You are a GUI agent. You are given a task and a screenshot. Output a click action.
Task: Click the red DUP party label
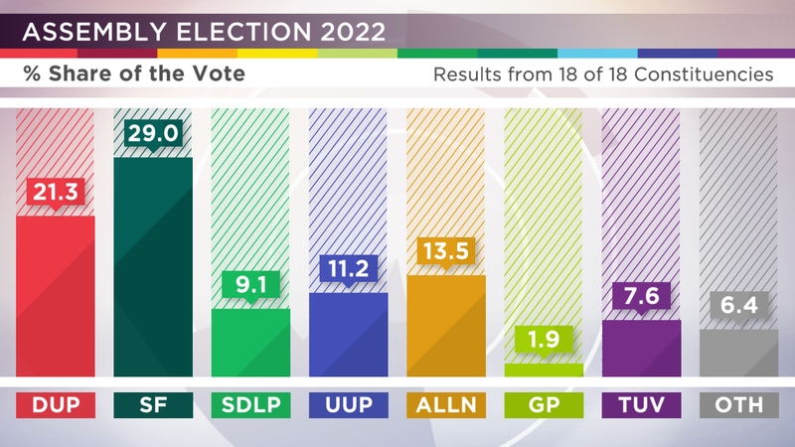(56, 405)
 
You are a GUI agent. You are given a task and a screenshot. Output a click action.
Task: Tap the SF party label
(153, 405)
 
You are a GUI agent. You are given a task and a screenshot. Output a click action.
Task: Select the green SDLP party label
(250, 405)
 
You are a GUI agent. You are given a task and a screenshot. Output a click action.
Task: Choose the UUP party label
(348, 405)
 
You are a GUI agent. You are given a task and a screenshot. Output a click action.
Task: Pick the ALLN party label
(445, 405)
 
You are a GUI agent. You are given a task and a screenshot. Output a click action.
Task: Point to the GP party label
(543, 405)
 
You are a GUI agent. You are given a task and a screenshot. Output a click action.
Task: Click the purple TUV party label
(641, 405)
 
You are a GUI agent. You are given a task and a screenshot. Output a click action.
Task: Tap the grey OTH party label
(738, 405)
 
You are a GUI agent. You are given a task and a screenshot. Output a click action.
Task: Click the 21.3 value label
(56, 196)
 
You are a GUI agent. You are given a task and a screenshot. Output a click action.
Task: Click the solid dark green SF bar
(153, 268)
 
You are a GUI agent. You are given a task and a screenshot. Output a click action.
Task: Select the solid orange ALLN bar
(445, 328)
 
